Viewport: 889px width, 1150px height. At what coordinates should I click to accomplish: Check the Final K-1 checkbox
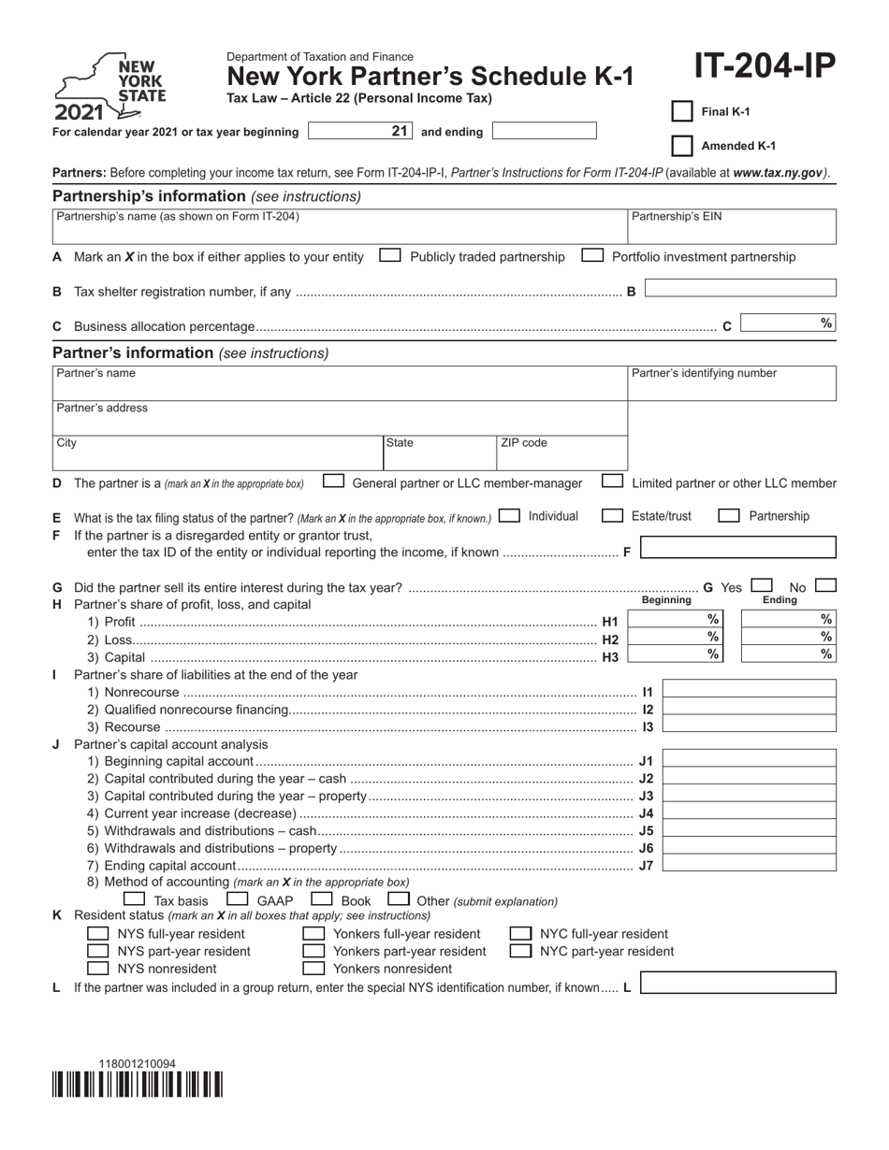click(x=682, y=111)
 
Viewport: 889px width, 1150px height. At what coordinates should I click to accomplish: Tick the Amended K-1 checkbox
click(x=682, y=146)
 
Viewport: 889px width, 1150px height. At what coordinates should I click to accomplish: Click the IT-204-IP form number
click(x=765, y=67)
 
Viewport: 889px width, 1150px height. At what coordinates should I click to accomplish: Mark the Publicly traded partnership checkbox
click(x=390, y=255)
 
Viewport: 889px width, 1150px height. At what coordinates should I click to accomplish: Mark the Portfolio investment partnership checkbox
click(x=591, y=255)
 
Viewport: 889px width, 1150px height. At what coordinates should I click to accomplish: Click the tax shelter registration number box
click(x=740, y=289)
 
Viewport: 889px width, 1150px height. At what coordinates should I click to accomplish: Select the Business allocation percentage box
click(x=787, y=323)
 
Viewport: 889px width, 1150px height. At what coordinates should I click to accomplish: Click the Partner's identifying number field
click(x=731, y=383)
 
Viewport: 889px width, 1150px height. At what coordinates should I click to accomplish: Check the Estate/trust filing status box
click(x=612, y=515)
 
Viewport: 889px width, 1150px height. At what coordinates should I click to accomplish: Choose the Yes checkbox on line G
click(x=762, y=585)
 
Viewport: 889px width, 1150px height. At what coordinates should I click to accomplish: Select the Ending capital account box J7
click(x=750, y=863)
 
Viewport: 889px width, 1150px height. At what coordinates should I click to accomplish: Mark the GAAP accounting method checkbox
click(x=238, y=899)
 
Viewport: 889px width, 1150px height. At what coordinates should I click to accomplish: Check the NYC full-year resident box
click(x=520, y=933)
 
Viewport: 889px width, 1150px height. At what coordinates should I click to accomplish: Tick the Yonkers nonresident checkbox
click(x=314, y=968)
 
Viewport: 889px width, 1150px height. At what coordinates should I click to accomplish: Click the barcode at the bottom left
click(x=138, y=1085)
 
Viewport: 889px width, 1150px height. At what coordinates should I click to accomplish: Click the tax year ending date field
click(x=544, y=131)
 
